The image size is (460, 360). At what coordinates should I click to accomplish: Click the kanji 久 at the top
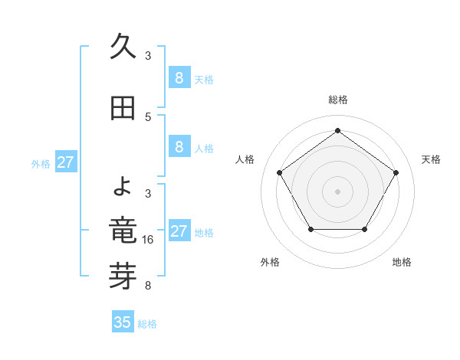click(123, 48)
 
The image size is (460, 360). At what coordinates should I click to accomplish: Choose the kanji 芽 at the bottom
click(123, 277)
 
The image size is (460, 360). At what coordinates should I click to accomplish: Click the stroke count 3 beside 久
click(148, 56)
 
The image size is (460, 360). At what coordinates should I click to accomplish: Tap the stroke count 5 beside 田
click(148, 117)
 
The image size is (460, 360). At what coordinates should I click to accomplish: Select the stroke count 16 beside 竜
click(149, 240)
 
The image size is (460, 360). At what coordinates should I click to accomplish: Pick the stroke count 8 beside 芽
click(148, 286)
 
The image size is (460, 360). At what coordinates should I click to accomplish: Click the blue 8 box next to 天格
click(179, 78)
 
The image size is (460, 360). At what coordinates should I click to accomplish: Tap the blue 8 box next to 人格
click(179, 147)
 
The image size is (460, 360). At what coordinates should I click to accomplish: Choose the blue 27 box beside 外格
click(66, 162)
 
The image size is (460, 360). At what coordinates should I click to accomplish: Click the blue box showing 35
click(123, 322)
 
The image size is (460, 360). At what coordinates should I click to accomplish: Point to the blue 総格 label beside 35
click(147, 324)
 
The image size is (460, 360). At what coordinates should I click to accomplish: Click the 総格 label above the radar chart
click(337, 100)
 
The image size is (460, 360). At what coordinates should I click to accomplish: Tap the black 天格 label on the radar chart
click(432, 159)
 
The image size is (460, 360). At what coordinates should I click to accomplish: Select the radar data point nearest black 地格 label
click(365, 229)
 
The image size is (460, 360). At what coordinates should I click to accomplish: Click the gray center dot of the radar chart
click(337, 191)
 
